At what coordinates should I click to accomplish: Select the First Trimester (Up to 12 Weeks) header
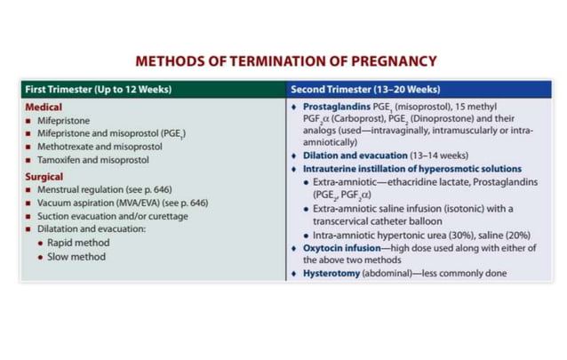pyautogui.click(x=98, y=89)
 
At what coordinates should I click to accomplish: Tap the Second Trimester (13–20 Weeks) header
pyautogui.click(x=364, y=89)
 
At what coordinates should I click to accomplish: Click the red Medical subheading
pyautogui.click(x=44, y=107)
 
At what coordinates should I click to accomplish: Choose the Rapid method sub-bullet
pyautogui.click(x=80, y=244)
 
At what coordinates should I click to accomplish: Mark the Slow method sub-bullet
pyautogui.click(x=77, y=257)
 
